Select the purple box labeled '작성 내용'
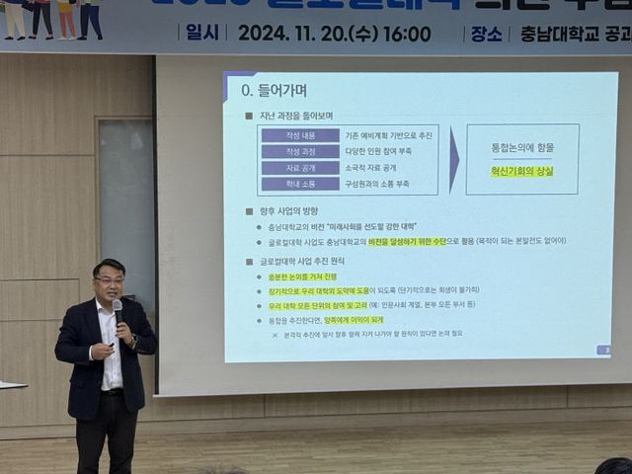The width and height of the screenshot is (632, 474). pyautogui.click(x=299, y=135)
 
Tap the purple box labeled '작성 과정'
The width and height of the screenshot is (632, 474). pyautogui.click(x=299, y=151)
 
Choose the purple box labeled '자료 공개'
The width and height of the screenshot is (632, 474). pyautogui.click(x=299, y=168)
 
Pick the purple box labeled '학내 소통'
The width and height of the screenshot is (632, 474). pyautogui.click(x=299, y=184)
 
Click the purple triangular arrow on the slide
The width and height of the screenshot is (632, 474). pyautogui.click(x=453, y=159)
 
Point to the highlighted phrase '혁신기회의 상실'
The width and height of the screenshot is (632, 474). pyautogui.click(x=522, y=171)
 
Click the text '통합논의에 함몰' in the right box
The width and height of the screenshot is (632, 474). pyautogui.click(x=522, y=147)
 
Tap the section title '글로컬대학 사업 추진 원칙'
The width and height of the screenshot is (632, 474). pyautogui.click(x=310, y=261)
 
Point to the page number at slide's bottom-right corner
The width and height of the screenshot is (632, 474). pyautogui.click(x=603, y=350)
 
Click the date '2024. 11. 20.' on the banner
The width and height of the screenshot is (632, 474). pyautogui.click(x=292, y=34)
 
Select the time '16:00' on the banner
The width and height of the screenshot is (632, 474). pyautogui.click(x=408, y=34)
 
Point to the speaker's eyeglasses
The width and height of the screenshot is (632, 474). pyautogui.click(x=110, y=280)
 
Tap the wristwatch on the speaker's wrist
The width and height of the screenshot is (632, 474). pyautogui.click(x=132, y=342)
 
